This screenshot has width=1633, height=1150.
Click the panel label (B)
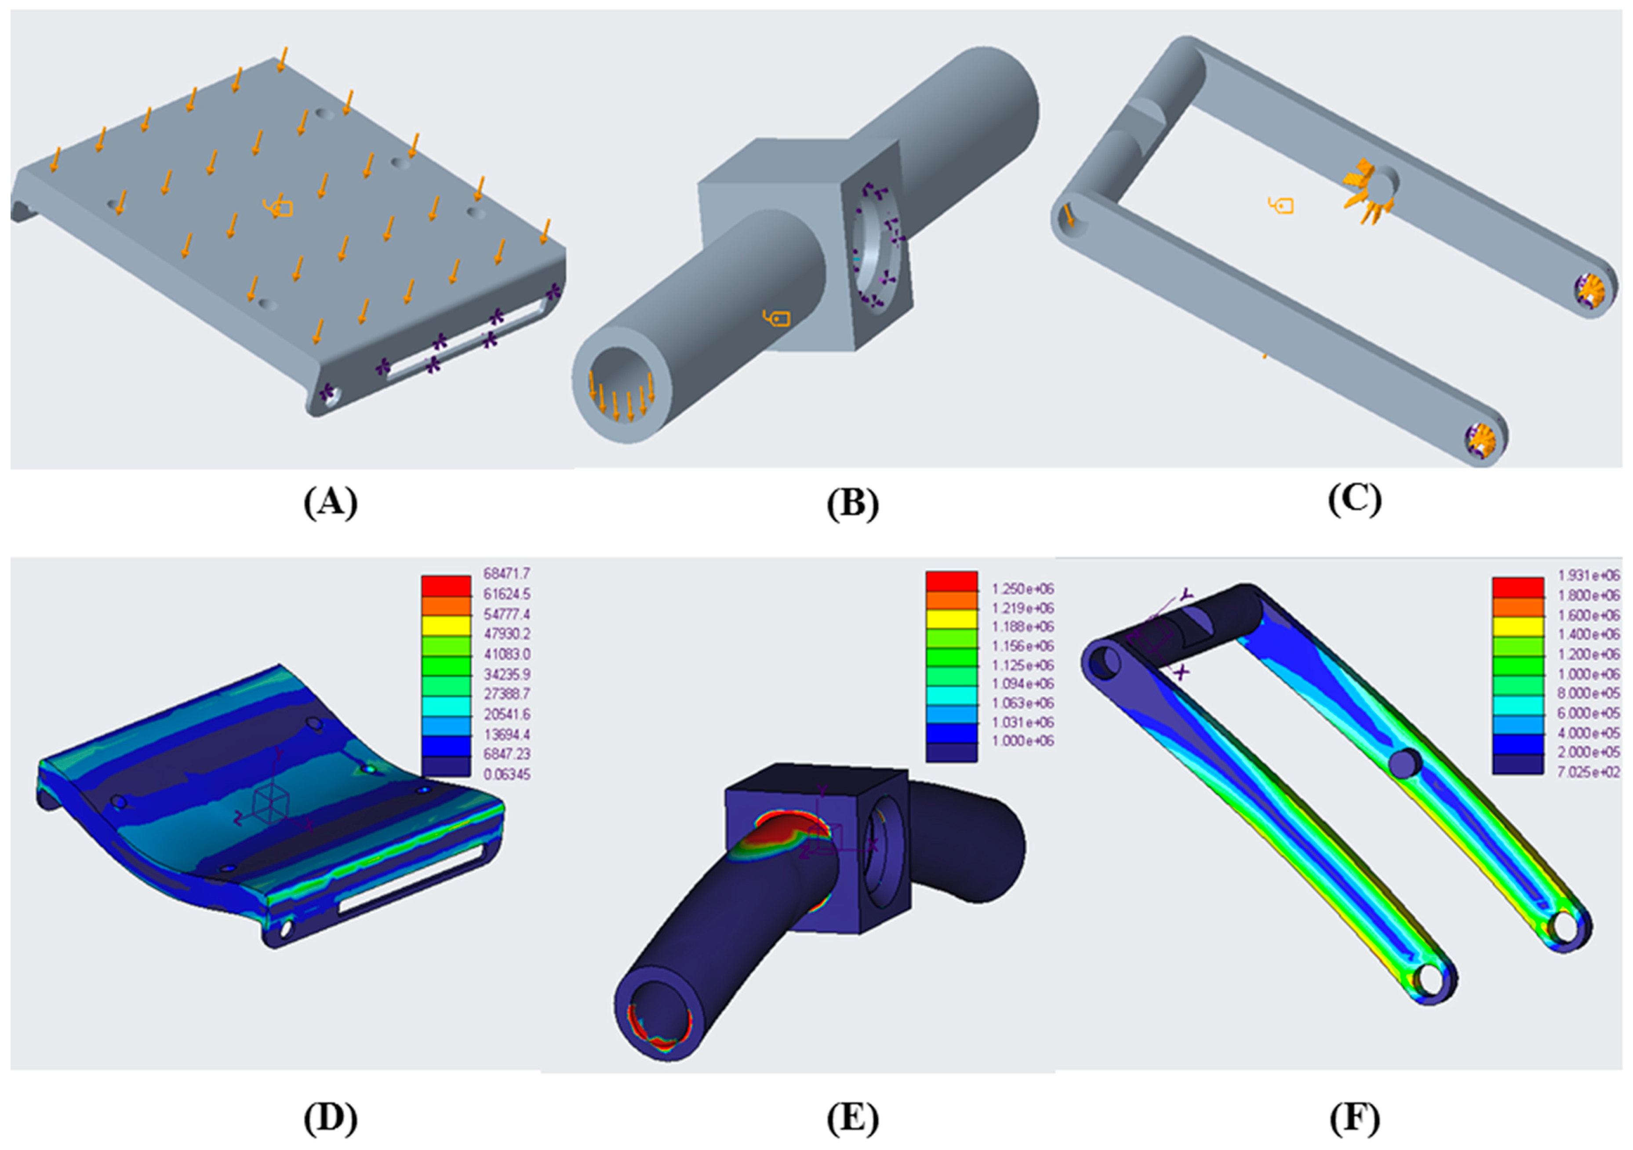point(852,504)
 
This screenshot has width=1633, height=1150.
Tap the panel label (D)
point(330,1118)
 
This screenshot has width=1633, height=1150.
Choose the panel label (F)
point(1354,1118)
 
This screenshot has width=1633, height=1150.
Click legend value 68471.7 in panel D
point(506,573)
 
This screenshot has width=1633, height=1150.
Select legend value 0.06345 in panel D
point(506,774)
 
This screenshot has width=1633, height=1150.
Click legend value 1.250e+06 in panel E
point(1022,589)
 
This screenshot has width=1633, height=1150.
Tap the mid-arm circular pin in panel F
point(1405,764)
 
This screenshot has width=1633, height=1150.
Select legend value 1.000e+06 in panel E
point(1022,740)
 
